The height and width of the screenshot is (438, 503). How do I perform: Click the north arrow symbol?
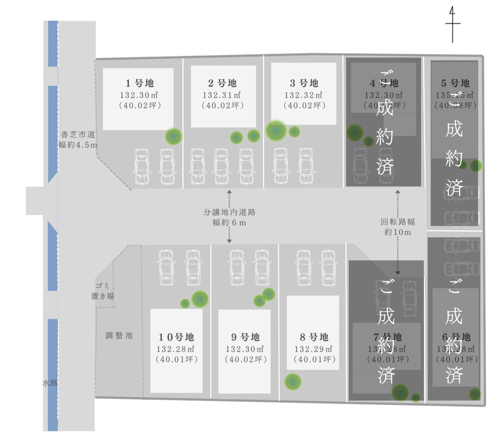tap(453, 25)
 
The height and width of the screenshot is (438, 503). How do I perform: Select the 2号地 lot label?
tap(222, 83)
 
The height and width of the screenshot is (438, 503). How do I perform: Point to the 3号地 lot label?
tap(304, 83)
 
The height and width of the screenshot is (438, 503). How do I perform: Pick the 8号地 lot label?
tap(313, 337)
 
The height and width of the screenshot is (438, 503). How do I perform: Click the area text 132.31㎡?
tap(222, 95)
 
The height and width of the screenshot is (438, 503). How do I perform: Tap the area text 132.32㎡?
tap(304, 95)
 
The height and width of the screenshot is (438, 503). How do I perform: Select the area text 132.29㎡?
tap(313, 349)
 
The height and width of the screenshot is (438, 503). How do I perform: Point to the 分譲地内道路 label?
tap(229, 211)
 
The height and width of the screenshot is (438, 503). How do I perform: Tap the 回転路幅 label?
tap(398, 222)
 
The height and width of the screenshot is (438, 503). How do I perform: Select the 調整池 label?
tap(119, 335)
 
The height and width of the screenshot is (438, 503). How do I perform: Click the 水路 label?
tap(50, 383)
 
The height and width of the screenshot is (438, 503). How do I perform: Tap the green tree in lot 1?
tap(174, 135)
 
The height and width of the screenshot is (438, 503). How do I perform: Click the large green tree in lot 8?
tap(293, 381)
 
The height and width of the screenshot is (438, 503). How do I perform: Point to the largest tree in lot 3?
tap(276, 130)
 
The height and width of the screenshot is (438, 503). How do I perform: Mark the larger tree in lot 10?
tap(200, 298)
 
